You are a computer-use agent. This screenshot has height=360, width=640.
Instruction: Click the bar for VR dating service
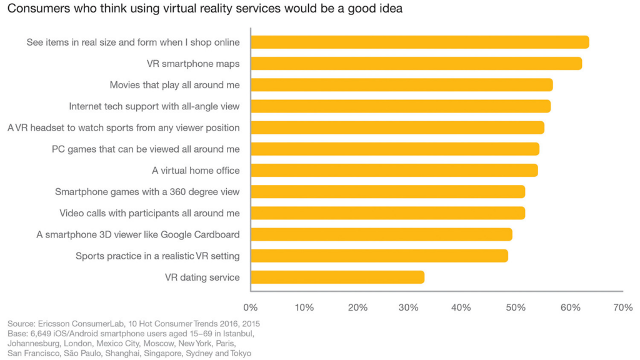coord(337,277)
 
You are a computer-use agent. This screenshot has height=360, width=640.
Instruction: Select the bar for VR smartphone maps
coord(416,64)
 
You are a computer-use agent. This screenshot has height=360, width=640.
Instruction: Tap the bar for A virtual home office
coord(394,170)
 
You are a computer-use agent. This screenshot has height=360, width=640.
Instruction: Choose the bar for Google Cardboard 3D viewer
coord(381,234)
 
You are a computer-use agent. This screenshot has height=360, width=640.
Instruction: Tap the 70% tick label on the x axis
coord(623,307)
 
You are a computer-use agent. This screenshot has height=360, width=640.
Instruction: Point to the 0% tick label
coord(250,307)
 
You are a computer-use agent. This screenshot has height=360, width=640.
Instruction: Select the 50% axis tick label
coord(516,307)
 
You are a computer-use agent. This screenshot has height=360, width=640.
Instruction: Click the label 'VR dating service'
coord(202,277)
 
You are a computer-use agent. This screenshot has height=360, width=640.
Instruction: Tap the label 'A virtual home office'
coord(196,170)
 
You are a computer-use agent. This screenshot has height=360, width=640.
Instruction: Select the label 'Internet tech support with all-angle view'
coord(154,106)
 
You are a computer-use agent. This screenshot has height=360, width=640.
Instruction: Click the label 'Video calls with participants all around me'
coord(149,213)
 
